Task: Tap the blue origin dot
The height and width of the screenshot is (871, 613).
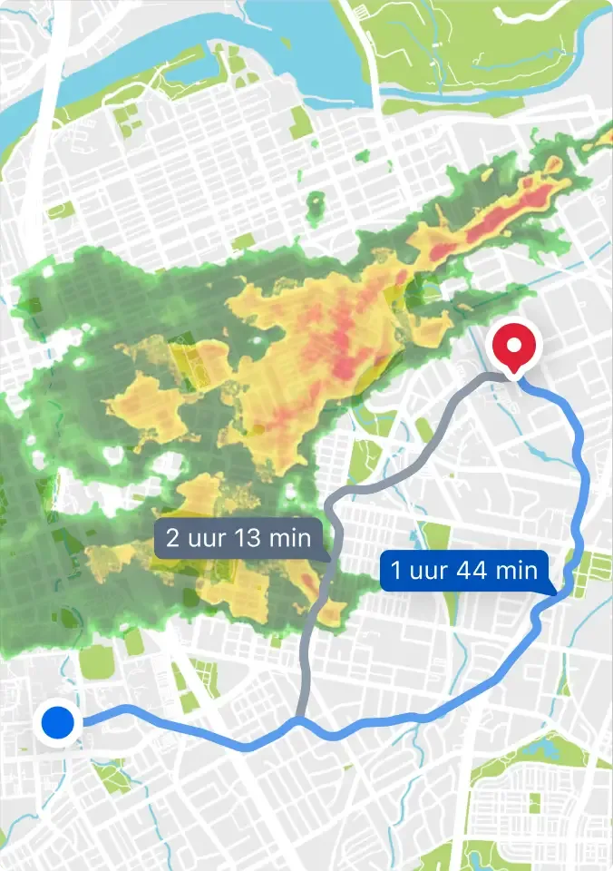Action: pos(59,724)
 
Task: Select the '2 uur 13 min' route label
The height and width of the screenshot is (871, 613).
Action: pos(238,538)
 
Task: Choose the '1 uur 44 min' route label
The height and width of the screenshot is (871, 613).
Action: pos(464,571)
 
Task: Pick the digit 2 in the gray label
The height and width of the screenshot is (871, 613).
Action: pos(172,538)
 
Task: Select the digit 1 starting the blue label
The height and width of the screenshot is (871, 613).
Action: pos(396,571)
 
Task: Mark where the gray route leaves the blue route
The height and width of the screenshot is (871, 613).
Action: pos(300,721)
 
